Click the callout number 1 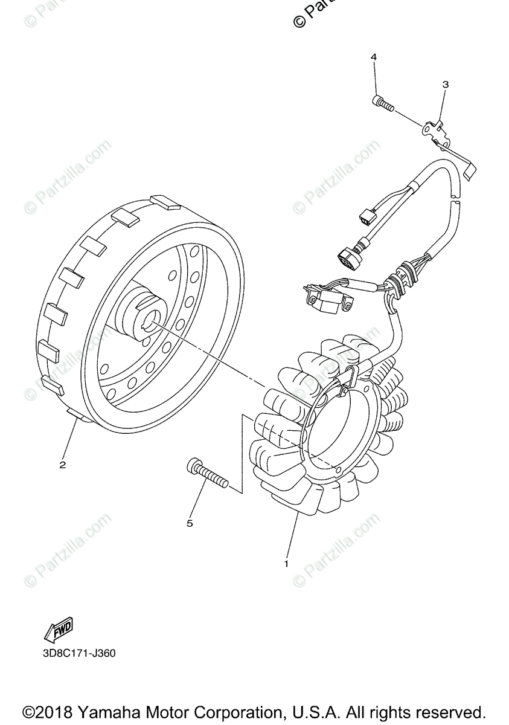coord(286,563)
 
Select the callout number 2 coord(62,465)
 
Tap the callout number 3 coord(446,85)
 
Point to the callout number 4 coord(374,57)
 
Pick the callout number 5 coord(190,523)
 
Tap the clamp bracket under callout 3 coord(437,129)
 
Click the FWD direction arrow coord(58,631)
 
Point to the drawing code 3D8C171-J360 coord(78,653)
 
